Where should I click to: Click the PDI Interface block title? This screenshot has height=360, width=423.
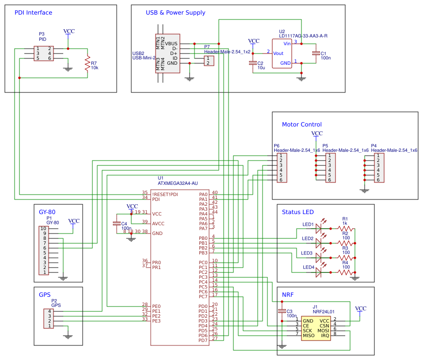pyautogui.click(x=33, y=13)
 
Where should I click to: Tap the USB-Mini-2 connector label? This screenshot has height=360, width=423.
pyautogui.click(x=144, y=57)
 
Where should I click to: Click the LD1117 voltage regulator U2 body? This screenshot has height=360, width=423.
pyautogui.click(x=282, y=54)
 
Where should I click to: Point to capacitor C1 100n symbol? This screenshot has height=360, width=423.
pyautogui.click(x=316, y=53)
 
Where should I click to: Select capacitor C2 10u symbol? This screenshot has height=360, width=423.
pyautogui.click(x=253, y=63)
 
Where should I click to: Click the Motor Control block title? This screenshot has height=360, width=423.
pyautogui.click(x=302, y=125)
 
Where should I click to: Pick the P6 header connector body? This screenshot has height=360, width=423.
pyautogui.click(x=282, y=168)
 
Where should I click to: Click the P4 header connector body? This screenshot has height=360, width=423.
pyautogui.click(x=379, y=168)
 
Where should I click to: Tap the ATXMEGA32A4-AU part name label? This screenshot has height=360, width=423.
pyautogui.click(x=177, y=183)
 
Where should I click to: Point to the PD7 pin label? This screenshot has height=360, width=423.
pyautogui.click(x=203, y=340)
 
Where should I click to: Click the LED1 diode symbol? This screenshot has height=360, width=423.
pyautogui.click(x=319, y=227)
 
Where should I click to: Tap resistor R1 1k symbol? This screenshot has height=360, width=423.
pyautogui.click(x=345, y=228)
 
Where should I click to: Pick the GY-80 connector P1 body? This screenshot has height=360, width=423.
pyautogui.click(x=44, y=251)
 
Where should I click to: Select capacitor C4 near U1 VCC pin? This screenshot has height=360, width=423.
pyautogui.click(x=116, y=223)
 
